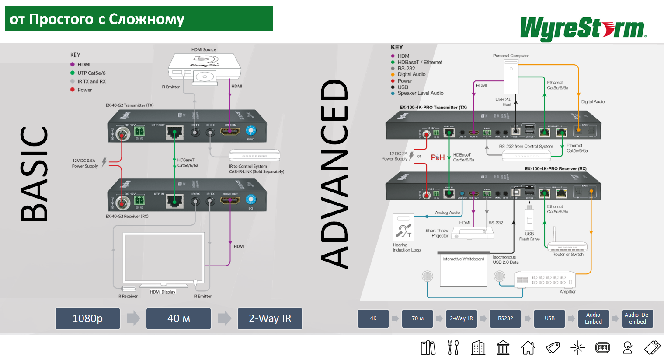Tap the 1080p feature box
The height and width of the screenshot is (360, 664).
coord(87,318)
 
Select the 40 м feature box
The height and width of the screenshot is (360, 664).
coord(178,318)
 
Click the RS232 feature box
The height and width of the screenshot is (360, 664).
coord(505,318)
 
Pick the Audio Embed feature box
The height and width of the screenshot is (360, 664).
coord(593,318)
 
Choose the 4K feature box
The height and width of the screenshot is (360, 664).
coord(373,318)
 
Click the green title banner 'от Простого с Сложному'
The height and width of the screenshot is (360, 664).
coord(139,19)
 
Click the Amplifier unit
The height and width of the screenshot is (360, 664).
coord(545,280)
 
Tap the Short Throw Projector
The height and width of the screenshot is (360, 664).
coord(472,233)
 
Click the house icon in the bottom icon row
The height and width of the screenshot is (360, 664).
coord(528,348)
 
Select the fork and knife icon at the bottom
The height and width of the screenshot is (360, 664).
coord(453,348)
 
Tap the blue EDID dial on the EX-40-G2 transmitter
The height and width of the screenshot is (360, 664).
coord(250,130)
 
